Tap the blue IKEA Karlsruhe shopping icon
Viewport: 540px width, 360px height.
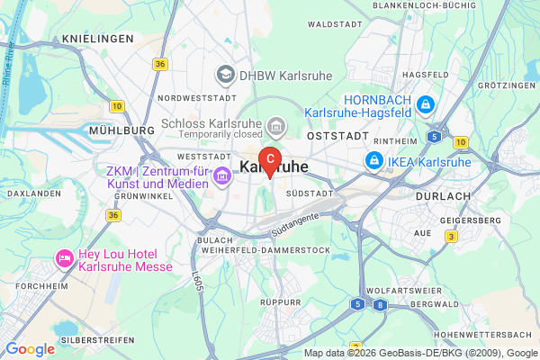coord(372,160)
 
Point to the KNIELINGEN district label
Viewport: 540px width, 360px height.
coord(98,40)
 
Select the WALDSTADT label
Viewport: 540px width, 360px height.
coord(333,25)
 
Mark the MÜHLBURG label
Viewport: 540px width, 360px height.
coord(122,130)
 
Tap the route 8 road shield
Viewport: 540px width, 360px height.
coord(381,304)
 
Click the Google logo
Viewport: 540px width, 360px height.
coord(30,349)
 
